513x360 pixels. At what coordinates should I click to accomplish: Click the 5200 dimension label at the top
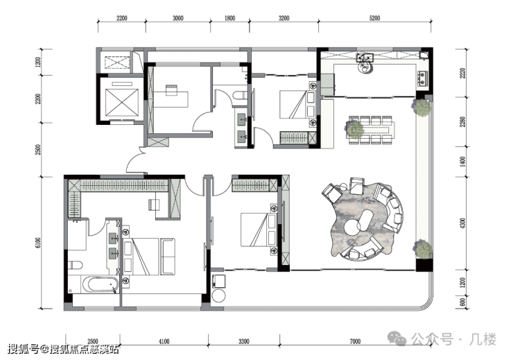coord(374,18)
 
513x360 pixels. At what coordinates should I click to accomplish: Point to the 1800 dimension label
coord(229,18)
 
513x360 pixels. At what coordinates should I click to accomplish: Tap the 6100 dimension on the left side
coord(38,243)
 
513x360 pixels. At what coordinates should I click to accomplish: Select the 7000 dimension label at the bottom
coord(355,342)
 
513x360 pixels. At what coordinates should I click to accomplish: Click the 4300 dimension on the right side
coord(462,223)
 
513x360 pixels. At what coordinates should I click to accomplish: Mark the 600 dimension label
coord(462,302)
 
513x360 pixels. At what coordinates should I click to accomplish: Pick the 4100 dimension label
coord(164,342)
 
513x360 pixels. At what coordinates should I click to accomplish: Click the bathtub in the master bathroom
coord(99,284)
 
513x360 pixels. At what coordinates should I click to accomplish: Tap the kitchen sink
coord(365,58)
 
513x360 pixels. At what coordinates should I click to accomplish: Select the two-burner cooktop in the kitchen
coord(422,78)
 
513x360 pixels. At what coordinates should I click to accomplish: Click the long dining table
coord(372,130)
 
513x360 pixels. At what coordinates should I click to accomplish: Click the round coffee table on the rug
coord(351,227)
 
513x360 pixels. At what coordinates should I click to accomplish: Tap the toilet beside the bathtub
coord(75,265)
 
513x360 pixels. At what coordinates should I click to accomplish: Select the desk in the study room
coord(171,99)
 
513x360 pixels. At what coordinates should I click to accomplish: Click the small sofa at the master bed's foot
coord(168,257)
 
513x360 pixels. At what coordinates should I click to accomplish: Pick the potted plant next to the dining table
coord(354,129)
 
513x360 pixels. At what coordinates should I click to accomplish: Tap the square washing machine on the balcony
coord(219,281)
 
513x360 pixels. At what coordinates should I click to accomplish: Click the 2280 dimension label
coord(462,122)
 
